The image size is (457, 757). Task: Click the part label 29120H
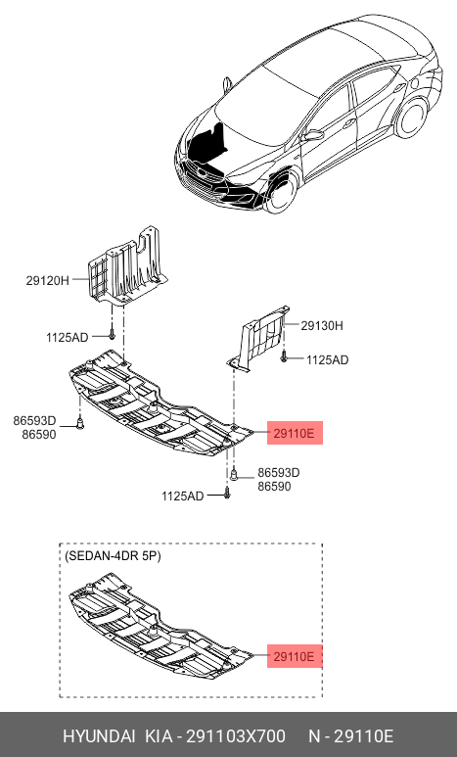[x=47, y=280]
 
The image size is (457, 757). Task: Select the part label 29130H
[x=322, y=325]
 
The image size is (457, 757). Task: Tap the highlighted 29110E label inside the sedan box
[x=295, y=656]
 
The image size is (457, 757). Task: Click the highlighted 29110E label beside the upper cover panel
[x=295, y=433]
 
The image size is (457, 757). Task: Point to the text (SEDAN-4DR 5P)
[x=113, y=556]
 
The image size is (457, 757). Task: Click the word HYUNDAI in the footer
[x=100, y=736]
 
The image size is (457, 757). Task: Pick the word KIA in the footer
[x=159, y=736]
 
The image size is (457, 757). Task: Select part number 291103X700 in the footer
[x=236, y=736]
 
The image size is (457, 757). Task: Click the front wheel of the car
[x=281, y=190]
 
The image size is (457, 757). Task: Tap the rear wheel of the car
[x=412, y=118]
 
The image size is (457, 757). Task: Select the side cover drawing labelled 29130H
[x=259, y=338]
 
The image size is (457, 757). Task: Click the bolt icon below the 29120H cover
[x=112, y=334]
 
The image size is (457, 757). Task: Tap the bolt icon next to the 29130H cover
[x=284, y=356]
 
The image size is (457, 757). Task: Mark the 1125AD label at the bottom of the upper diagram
[x=182, y=496]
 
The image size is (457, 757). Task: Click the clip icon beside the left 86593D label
[x=80, y=424]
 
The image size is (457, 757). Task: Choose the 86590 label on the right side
[x=274, y=486]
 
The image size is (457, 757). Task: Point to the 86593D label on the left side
[x=34, y=420]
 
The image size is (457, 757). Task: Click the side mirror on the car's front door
[x=314, y=136]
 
